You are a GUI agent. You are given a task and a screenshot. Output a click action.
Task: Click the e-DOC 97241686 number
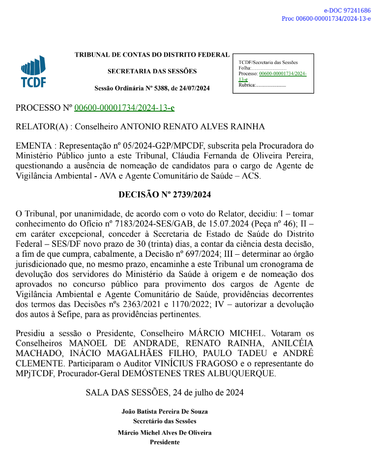[347, 10]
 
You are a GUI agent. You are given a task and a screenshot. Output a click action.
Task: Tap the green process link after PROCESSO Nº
[124, 108]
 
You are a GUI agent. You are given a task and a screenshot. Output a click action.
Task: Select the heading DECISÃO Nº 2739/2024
[165, 195]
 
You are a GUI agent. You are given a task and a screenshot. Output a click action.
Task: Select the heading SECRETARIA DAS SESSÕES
[152, 71]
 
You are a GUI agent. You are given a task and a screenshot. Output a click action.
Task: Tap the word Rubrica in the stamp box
[247, 85]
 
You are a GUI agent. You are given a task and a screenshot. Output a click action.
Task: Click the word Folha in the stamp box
[244, 68]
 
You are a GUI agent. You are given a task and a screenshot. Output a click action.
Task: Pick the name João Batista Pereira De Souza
[165, 411]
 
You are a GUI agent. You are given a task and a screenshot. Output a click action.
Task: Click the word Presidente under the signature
[165, 442]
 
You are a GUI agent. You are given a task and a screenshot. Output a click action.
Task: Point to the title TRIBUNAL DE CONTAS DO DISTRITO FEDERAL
[152, 55]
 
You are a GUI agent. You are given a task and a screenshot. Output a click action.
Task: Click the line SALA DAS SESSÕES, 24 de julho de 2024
[165, 392]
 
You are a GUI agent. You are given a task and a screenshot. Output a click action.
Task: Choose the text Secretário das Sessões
[165, 421]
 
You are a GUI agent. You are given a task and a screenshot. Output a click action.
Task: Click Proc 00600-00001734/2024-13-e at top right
[326, 19]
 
